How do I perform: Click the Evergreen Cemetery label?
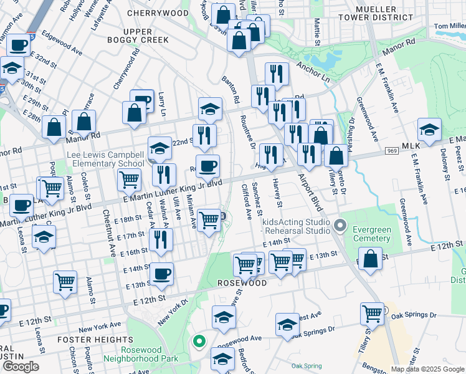tap(372, 234)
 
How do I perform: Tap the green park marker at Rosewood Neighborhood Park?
tap(199, 341)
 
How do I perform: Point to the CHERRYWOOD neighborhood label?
tap(158, 12)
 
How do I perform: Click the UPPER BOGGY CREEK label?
tap(146, 36)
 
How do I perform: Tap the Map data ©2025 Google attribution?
tap(427, 369)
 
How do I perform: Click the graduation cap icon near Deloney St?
tap(429, 130)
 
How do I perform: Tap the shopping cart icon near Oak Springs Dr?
tap(372, 312)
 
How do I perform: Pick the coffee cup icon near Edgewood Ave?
tap(19, 44)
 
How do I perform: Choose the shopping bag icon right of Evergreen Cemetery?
tap(371, 259)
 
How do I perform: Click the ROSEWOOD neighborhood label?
tap(242, 283)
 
